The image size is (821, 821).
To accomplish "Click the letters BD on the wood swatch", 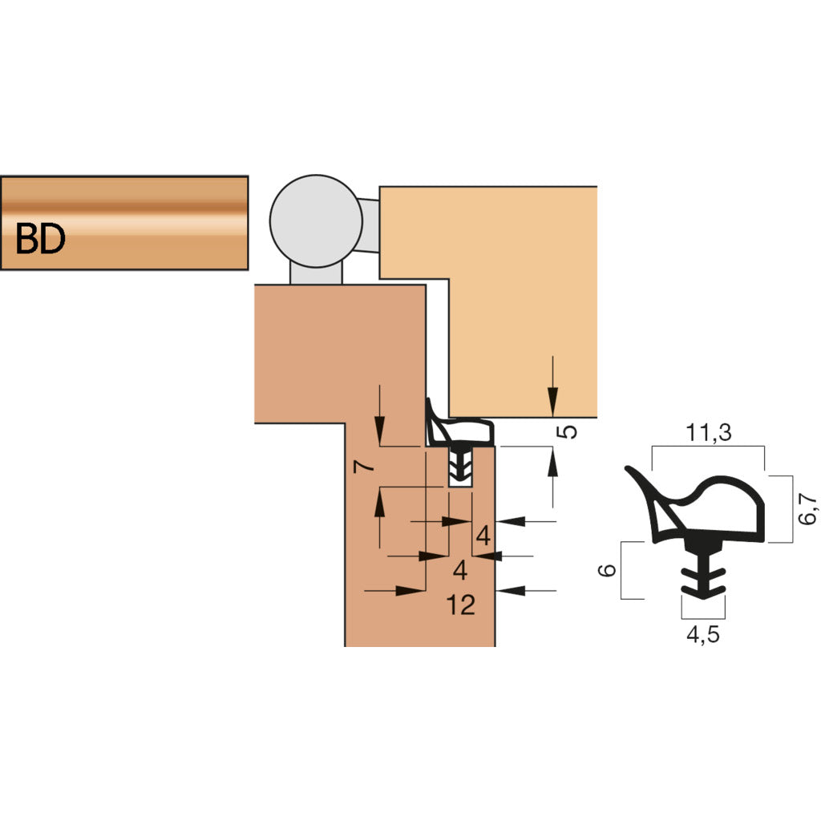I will tap(40, 238).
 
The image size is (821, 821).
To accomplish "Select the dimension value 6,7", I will tap(807, 508).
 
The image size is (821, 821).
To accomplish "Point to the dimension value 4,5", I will tap(702, 634).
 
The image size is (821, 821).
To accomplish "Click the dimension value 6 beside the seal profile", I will tap(607, 570).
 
